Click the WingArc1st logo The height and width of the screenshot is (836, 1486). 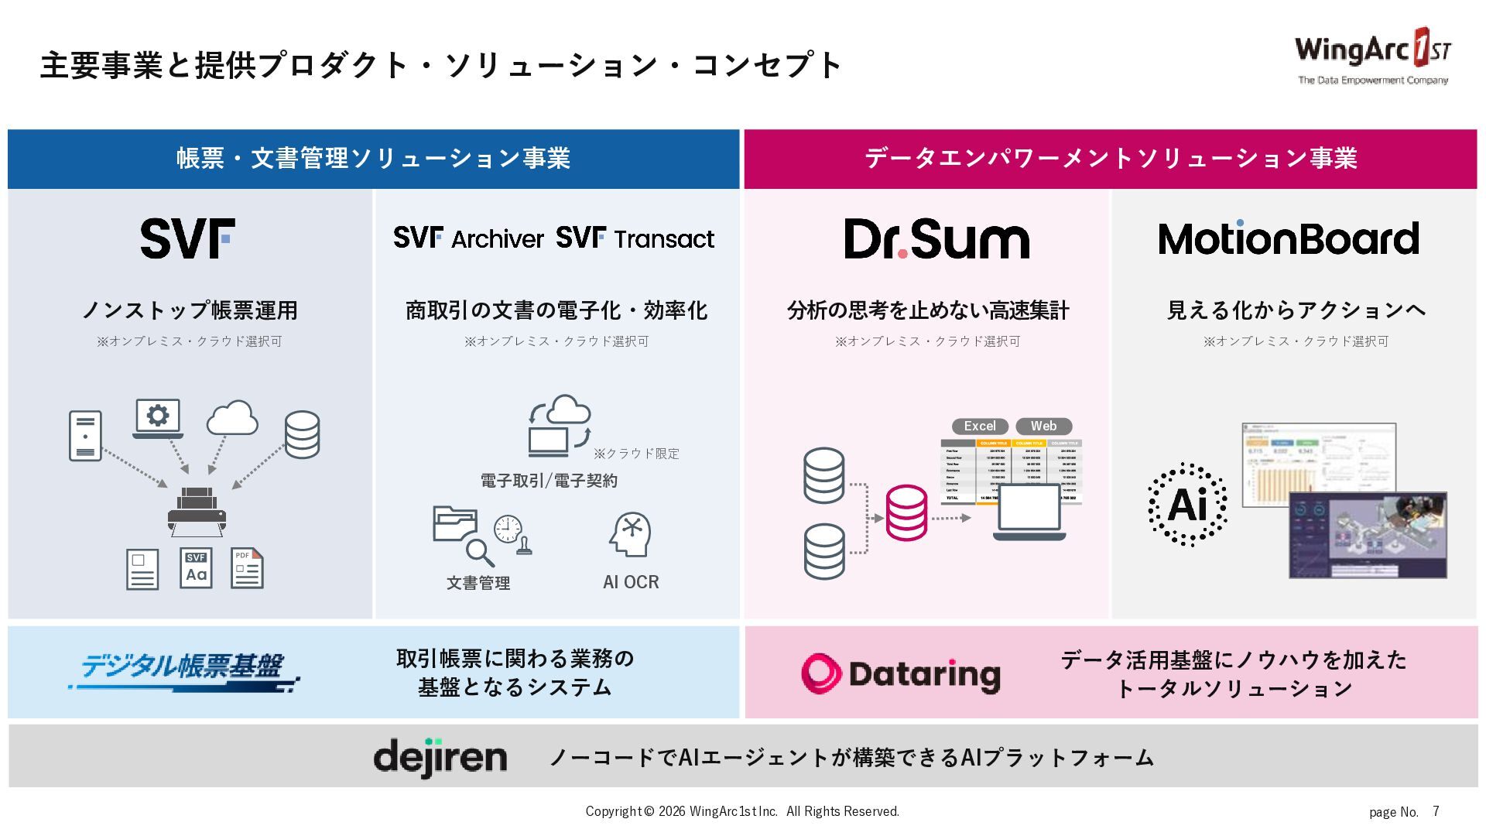pyautogui.click(x=1372, y=56)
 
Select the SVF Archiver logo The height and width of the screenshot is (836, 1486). pyautogui.click(x=468, y=238)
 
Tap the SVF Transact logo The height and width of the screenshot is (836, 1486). pyautogui.click(x=635, y=238)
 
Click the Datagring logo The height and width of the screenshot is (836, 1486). pyautogui.click(x=901, y=673)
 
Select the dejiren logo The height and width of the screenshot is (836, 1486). pyautogui.click(x=440, y=757)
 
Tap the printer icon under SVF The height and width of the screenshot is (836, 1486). pyautogui.click(x=197, y=512)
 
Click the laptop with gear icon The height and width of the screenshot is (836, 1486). pyautogui.click(x=158, y=418)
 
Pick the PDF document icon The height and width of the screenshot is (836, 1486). pyautogui.click(x=247, y=569)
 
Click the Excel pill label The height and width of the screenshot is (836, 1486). pyautogui.click(x=979, y=426)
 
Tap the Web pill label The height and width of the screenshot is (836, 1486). pyautogui.click(x=1043, y=426)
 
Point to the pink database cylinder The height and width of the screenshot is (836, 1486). pyautogui.click(x=906, y=512)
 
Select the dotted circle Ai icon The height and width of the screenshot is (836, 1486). pyautogui.click(x=1187, y=505)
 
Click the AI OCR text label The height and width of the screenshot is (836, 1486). pyautogui.click(x=631, y=582)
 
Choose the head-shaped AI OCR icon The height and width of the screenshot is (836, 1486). pyautogui.click(x=630, y=534)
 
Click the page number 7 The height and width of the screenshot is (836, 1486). pyautogui.click(x=1436, y=811)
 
